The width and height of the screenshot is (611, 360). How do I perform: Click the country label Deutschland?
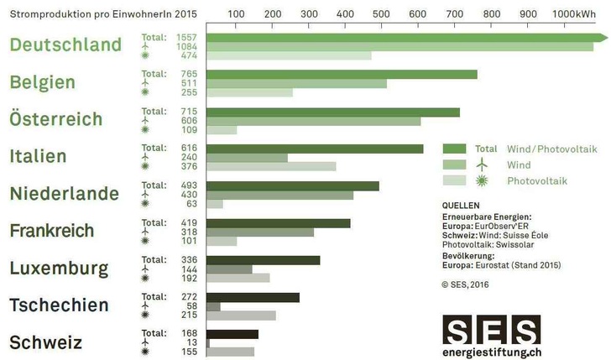(x=65, y=44)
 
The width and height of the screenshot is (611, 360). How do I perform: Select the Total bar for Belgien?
(x=341, y=74)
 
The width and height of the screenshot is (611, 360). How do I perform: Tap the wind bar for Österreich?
(x=313, y=121)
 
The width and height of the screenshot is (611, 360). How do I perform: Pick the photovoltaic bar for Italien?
(x=271, y=166)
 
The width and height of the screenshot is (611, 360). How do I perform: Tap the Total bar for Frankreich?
(x=278, y=223)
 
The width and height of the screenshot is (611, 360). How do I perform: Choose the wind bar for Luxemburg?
(x=229, y=269)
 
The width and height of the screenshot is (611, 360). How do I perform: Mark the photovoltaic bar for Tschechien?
(x=241, y=316)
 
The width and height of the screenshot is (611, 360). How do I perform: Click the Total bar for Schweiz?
(x=232, y=334)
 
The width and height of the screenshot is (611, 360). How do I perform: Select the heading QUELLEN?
(x=460, y=204)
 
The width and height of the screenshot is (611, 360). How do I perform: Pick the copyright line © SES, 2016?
(x=464, y=284)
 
